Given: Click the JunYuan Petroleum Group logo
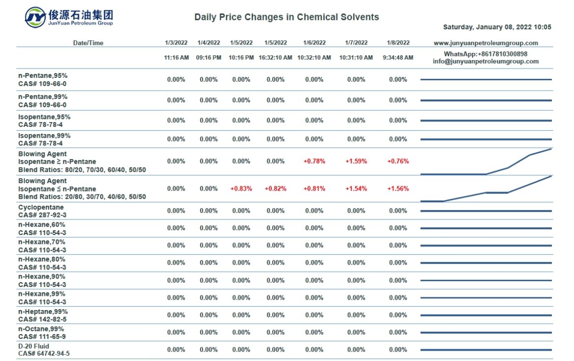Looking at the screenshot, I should pyautogui.click(x=69, y=17).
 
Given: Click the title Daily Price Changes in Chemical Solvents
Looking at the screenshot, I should pyautogui.click(x=287, y=17).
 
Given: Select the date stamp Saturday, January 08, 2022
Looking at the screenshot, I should pyautogui.click(x=496, y=27).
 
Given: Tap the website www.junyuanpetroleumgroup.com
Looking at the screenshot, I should pyautogui.click(x=486, y=43).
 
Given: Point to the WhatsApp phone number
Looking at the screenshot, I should pyautogui.click(x=486, y=54).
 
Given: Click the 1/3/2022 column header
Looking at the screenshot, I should pyautogui.click(x=176, y=43).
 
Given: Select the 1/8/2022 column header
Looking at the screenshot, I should pyautogui.click(x=398, y=43).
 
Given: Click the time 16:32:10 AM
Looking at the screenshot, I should pyautogui.click(x=275, y=58).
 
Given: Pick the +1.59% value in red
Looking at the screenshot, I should pyautogui.click(x=356, y=161).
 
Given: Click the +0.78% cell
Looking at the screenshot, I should pyautogui.click(x=314, y=161).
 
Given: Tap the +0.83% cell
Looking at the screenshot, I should pyautogui.click(x=241, y=189).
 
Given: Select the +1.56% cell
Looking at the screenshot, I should pyautogui.click(x=398, y=189).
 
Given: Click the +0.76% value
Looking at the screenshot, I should pyautogui.click(x=398, y=161).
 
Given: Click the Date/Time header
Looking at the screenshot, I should pyautogui.click(x=88, y=43).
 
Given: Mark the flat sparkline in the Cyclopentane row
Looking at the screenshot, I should pyautogui.click(x=486, y=211).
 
